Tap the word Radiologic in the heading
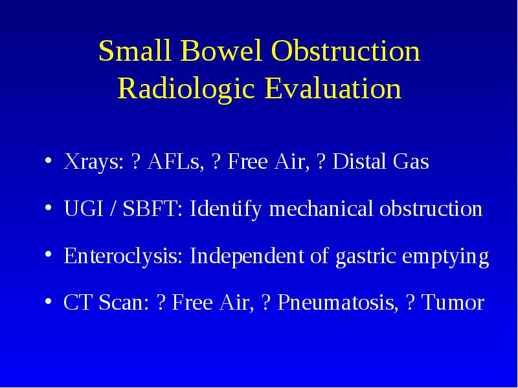coord(186,89)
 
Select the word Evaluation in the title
coord(333,89)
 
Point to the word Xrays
coord(93,162)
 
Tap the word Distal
coord(359,161)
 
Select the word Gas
coord(411,162)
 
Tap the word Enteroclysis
coord(123,256)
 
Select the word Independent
coord(247,256)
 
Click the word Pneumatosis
coord(337,302)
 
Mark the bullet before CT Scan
coord(48,301)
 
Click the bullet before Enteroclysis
coord(48,254)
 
